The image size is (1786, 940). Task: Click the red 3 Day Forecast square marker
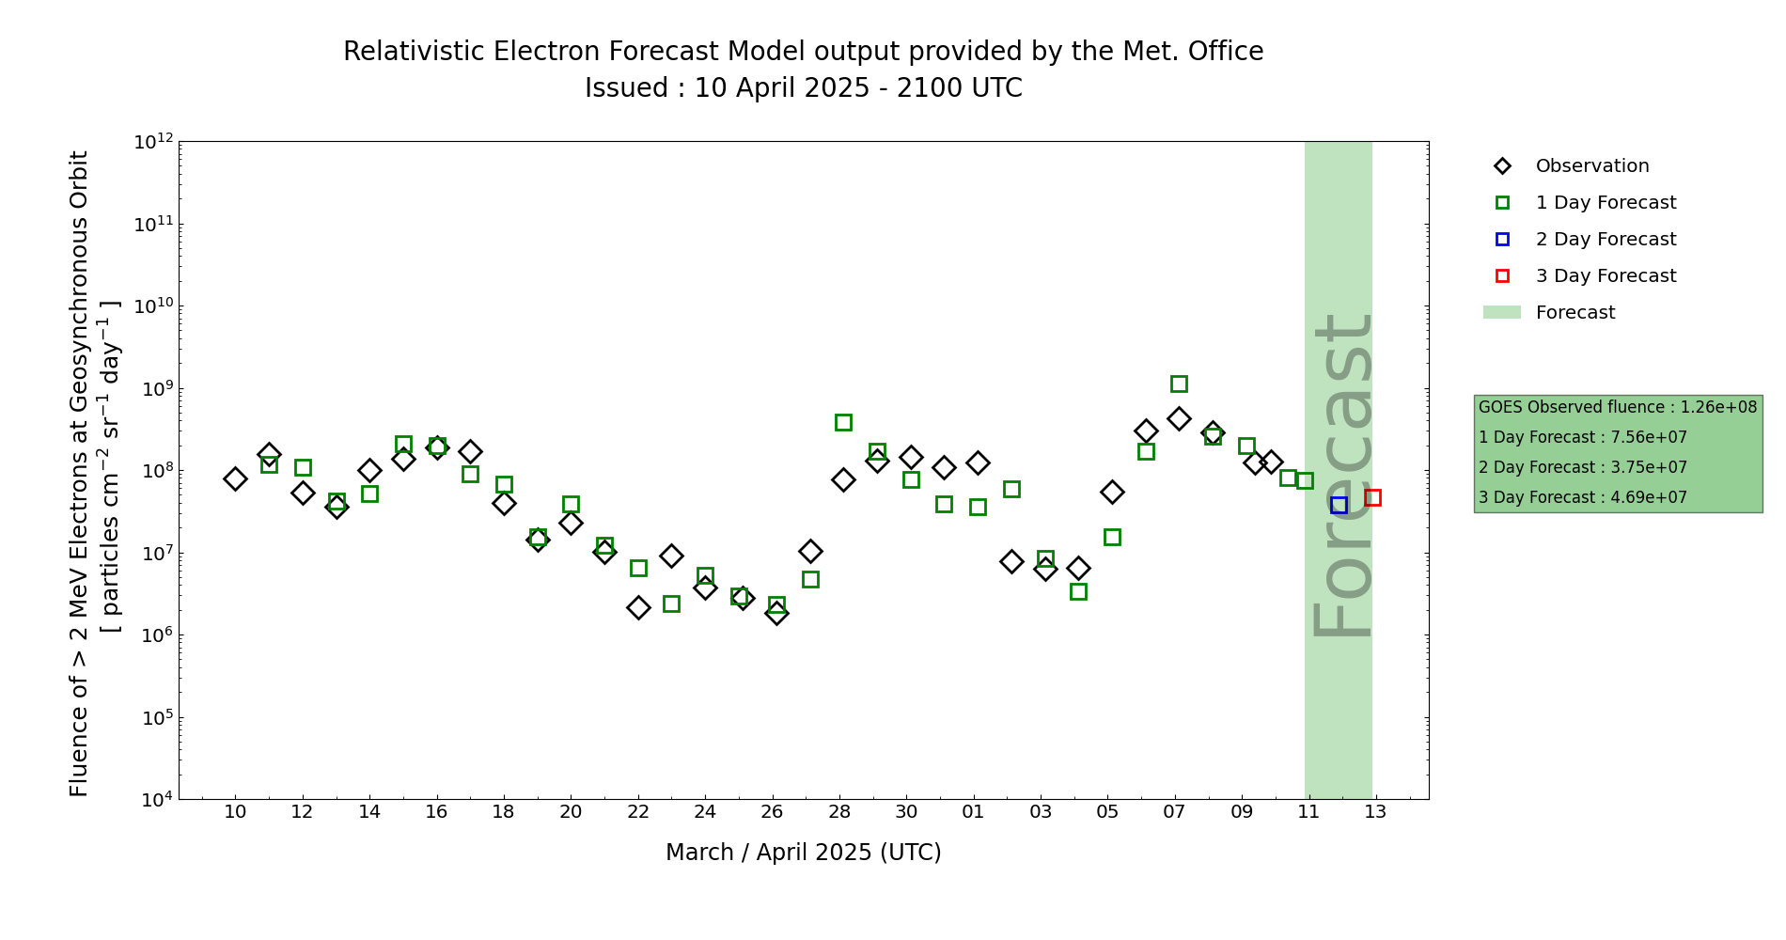coord(1372,497)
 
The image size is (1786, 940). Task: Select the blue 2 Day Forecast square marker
coord(1339,505)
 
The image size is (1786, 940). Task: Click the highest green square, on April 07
coord(1179,384)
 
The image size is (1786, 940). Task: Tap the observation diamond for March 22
coord(638,607)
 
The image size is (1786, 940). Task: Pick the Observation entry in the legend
coord(1591,166)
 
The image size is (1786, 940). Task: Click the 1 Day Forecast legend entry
coord(1606,203)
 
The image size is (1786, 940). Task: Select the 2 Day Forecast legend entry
coord(1606,240)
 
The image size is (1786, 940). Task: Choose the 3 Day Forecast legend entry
coord(1606,276)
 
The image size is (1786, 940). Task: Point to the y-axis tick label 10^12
coord(153,142)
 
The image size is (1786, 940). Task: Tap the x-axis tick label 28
coord(839,812)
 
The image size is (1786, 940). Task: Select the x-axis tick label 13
coord(1375,812)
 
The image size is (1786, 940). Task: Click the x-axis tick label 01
coord(973,812)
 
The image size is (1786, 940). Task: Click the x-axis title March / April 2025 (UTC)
coord(803,853)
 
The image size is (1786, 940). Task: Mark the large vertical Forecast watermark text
coord(1341,476)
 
